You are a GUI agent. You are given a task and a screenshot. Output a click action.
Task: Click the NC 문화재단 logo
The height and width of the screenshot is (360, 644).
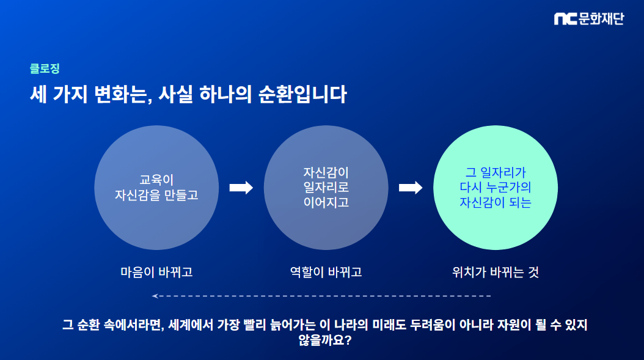pyautogui.click(x=589, y=18)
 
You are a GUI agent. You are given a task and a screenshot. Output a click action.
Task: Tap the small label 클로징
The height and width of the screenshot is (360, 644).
pyautogui.click(x=45, y=68)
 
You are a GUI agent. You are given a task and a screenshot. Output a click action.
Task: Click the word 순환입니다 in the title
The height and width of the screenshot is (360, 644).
pyautogui.click(x=302, y=94)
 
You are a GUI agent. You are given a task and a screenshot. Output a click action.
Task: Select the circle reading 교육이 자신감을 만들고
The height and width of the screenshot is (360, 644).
pyautogui.click(x=156, y=188)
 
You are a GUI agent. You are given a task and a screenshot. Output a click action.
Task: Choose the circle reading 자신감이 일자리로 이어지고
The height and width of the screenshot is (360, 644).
pyautogui.click(x=326, y=188)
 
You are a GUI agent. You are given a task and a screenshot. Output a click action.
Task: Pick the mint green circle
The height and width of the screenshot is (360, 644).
pyautogui.click(x=496, y=188)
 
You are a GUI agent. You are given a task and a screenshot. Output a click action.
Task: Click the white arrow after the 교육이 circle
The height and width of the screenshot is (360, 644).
pyautogui.click(x=241, y=188)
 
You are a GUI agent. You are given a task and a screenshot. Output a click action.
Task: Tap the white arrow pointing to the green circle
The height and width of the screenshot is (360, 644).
pyautogui.click(x=411, y=188)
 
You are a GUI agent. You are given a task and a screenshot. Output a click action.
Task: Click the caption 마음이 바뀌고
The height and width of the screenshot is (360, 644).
pyautogui.click(x=156, y=272)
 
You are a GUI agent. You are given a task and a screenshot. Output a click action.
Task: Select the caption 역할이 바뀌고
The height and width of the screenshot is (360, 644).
pyautogui.click(x=326, y=272)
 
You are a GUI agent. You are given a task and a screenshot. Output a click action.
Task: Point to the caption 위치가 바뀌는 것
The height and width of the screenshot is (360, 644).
pyautogui.click(x=496, y=272)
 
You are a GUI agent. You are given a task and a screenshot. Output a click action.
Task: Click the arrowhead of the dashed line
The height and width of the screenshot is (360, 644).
pyautogui.click(x=154, y=296)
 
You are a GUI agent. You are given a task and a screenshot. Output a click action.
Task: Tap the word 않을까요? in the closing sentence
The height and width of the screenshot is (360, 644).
pyautogui.click(x=325, y=340)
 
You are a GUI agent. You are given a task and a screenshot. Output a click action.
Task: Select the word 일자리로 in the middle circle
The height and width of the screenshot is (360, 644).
pyautogui.click(x=326, y=188)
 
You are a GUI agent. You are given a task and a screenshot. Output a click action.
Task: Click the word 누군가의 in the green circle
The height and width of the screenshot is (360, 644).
pyautogui.click(x=508, y=188)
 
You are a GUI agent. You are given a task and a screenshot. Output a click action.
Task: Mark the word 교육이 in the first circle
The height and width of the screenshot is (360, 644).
pyautogui.click(x=156, y=180)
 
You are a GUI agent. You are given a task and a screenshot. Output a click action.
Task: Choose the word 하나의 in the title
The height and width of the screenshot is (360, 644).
pyautogui.click(x=225, y=94)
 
